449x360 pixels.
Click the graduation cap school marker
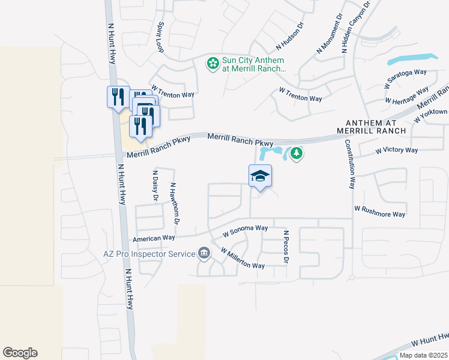pos(260,176)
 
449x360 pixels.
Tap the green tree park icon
pos(296,154)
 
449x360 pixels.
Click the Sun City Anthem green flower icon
pos(212,62)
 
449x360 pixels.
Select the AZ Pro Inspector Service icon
pos(204,253)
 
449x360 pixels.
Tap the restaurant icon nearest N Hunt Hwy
pos(116,97)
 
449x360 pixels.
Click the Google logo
pos(20,353)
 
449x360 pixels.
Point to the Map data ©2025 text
pos(423,355)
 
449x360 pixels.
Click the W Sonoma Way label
pos(245,229)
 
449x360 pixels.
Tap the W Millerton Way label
pos(243,258)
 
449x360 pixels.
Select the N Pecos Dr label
pos(286,246)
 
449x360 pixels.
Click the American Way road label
pos(154,238)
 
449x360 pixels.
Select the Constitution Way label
pos(349,163)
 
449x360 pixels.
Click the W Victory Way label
pos(396,150)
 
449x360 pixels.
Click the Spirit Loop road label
pos(160,38)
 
